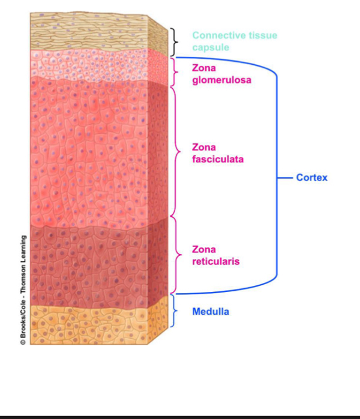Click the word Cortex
312,178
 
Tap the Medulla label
211,312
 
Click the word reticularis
216,262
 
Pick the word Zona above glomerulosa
204,68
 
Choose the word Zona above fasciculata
204,147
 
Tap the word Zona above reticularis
204,249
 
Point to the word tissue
262,35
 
